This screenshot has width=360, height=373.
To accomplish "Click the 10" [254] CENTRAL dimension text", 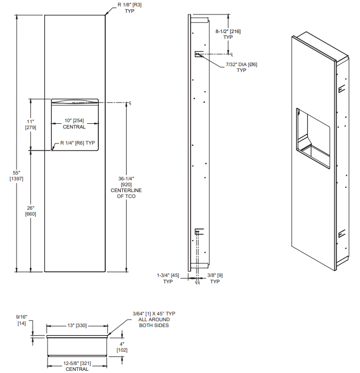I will click(74, 124).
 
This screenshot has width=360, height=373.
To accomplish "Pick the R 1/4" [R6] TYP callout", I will click(77, 143).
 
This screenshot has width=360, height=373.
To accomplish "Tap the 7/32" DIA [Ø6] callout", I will click(241, 67).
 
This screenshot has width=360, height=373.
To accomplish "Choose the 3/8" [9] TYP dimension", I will click(215, 278).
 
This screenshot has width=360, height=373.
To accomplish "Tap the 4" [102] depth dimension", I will click(122, 347).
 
